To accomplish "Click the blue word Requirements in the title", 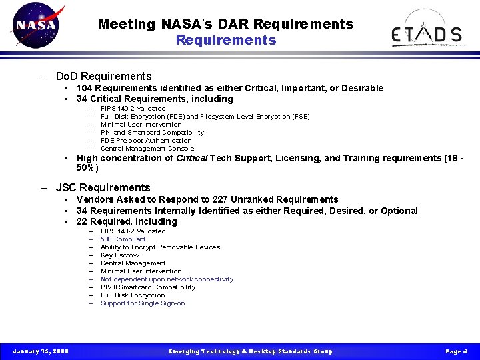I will pyautogui.click(x=225, y=40).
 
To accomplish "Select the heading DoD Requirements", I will pyautogui.click(x=103, y=76).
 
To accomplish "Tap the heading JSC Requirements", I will pyautogui.click(x=103, y=187).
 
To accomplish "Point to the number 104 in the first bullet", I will pyautogui.click(x=85, y=88).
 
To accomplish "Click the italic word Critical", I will pyautogui.click(x=191, y=158).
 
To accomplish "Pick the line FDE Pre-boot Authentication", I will pyautogui.click(x=145, y=140).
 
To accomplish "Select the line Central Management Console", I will pyautogui.click(x=147, y=148).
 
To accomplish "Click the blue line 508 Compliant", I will pyautogui.click(x=123, y=239).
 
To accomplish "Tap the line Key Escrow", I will pyautogui.click(x=120, y=255).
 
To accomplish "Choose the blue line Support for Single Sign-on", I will pyautogui.click(x=143, y=303).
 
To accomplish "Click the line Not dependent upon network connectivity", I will pyautogui.click(x=167, y=279).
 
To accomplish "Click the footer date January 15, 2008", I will pyautogui.click(x=40, y=351).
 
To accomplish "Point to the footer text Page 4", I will pyautogui.click(x=456, y=351).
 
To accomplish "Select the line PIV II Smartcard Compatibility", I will pyautogui.click(x=148, y=287).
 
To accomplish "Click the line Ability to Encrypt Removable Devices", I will pyautogui.click(x=160, y=247).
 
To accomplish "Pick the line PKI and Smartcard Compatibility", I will pyautogui.click(x=152, y=132).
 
